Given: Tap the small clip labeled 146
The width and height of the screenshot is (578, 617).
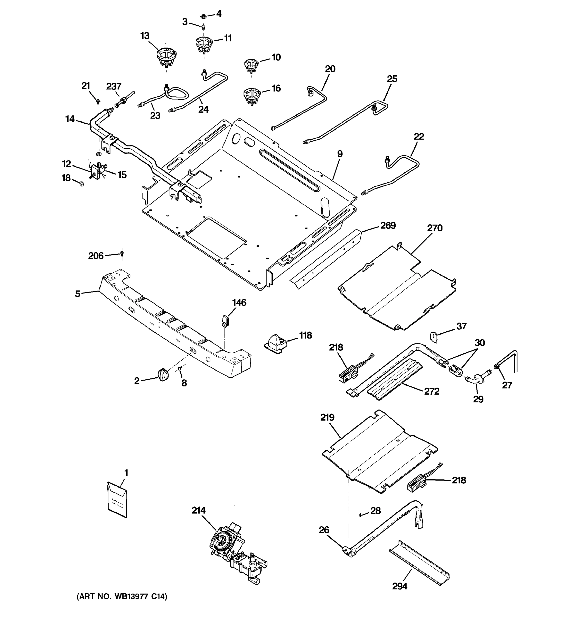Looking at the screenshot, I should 225,320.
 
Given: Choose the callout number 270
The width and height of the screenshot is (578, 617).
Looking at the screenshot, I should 435,228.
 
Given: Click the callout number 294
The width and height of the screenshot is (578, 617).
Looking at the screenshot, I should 399,586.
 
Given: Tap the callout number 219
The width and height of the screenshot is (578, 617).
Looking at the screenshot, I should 328,418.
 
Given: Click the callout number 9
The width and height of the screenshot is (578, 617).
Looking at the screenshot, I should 340,154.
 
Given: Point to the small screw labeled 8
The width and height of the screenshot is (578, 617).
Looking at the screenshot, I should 180,369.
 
